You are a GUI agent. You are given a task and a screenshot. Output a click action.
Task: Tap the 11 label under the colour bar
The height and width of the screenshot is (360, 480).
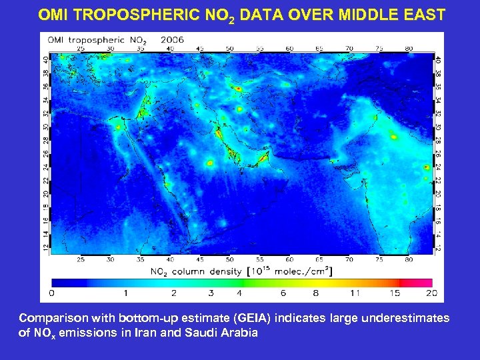(x=354, y=293)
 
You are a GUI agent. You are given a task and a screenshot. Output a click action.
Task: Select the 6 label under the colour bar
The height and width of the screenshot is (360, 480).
(x=283, y=293)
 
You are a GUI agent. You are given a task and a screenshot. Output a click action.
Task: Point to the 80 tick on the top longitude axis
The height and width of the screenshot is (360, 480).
(x=409, y=49)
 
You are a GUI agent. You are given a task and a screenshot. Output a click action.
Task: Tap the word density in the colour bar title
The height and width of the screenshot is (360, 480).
(x=225, y=271)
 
